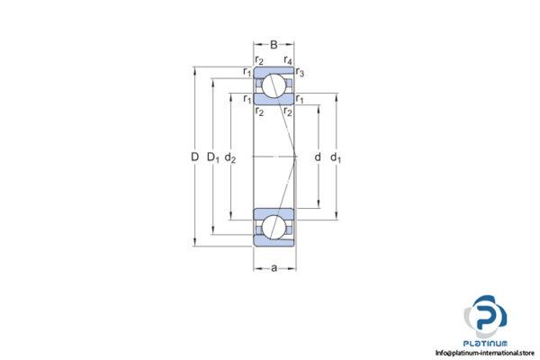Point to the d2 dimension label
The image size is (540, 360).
230,158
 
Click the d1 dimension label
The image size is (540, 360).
335,158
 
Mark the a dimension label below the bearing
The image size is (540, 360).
274,268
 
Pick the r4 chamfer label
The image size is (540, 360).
287,60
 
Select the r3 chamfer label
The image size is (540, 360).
300,72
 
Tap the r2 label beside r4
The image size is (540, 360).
258,60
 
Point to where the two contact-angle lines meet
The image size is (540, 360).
296,157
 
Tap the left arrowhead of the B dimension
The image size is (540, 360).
256,43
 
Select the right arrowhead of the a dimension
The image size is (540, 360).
294,268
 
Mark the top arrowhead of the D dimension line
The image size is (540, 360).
194,68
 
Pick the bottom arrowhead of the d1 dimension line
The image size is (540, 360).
336,218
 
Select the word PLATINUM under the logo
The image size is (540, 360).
487,343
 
